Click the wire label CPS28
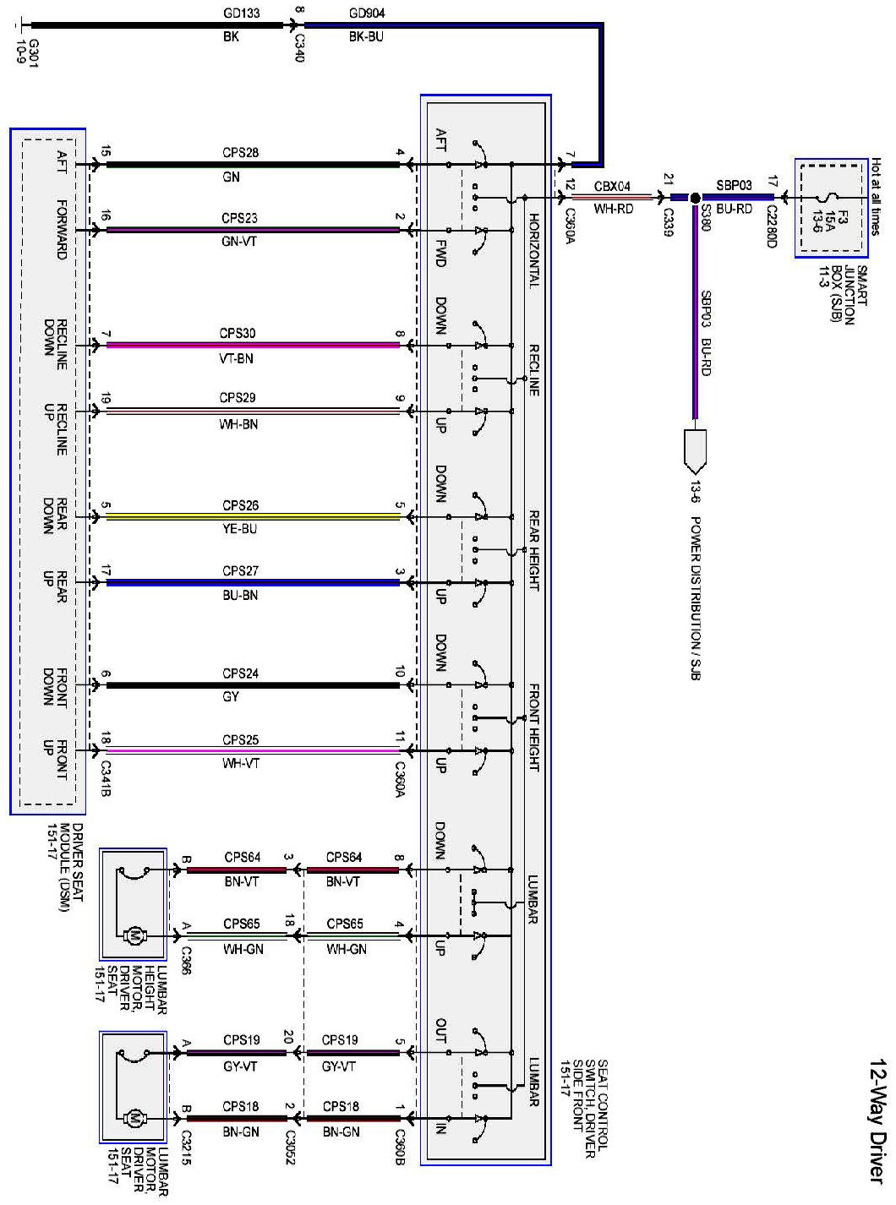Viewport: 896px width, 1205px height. (x=240, y=153)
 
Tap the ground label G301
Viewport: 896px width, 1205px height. (x=35, y=52)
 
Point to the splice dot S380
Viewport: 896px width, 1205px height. (x=695, y=198)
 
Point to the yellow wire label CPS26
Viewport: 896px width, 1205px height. (x=240, y=505)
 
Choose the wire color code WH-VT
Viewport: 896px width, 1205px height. (x=240, y=764)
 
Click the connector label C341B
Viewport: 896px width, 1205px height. (x=106, y=778)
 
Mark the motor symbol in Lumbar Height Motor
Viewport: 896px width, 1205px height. (x=133, y=935)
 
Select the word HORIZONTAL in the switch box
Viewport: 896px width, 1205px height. (x=534, y=250)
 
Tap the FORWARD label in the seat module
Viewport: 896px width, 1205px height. (x=62, y=229)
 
